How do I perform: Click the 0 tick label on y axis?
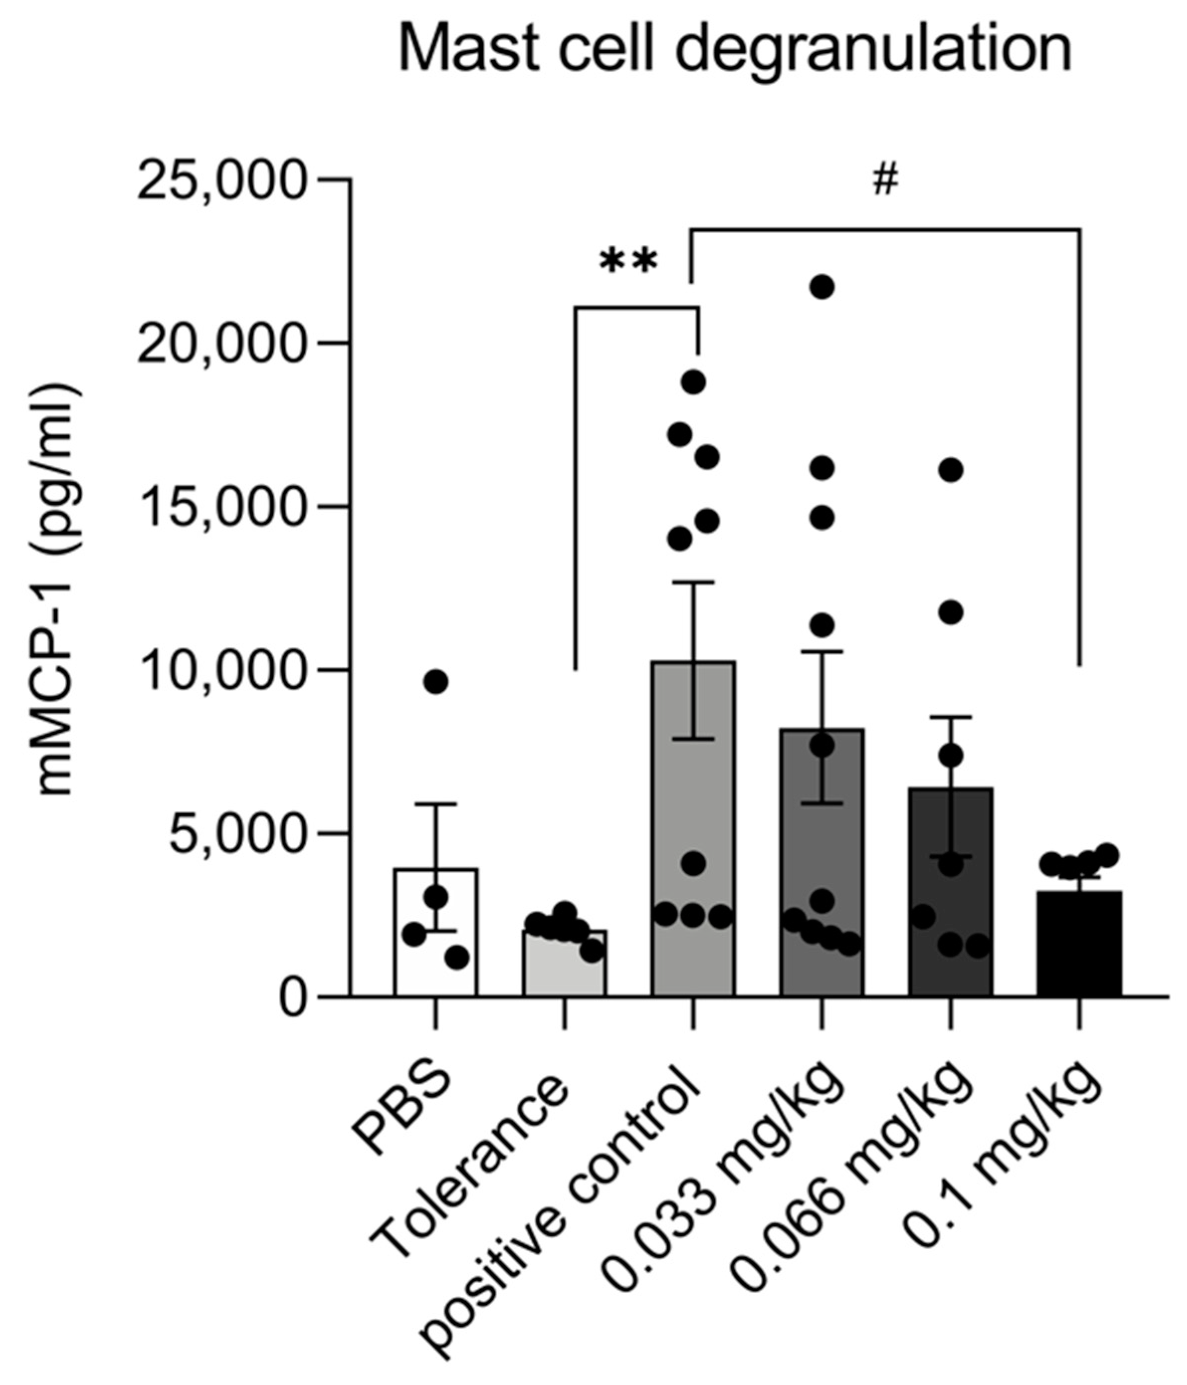click(292, 999)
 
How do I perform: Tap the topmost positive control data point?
click(693, 382)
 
